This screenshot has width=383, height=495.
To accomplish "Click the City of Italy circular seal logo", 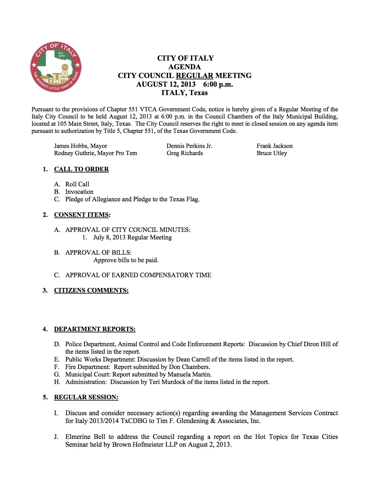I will click(x=56, y=67).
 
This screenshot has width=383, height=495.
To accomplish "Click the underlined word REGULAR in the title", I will click(x=194, y=76).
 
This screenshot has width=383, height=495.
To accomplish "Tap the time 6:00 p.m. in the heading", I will click(x=218, y=84).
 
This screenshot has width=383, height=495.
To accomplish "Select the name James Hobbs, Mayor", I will click(x=81, y=146).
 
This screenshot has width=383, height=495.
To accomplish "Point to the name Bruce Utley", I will click(x=272, y=153).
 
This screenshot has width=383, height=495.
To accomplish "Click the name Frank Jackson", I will click(x=275, y=146).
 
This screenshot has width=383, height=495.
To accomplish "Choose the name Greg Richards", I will click(x=185, y=153).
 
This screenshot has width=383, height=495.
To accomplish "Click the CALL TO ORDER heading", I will click(x=81, y=169).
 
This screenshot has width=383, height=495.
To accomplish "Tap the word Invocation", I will click(x=79, y=192).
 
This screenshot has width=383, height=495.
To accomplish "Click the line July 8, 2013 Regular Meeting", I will click(x=132, y=237).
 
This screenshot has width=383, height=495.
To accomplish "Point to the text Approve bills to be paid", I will click(x=126, y=260).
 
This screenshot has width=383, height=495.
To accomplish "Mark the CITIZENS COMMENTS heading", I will click(x=91, y=290).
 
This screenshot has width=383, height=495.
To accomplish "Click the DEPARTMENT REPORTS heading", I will click(x=95, y=329).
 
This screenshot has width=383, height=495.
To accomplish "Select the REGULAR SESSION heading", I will click(x=86, y=397).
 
